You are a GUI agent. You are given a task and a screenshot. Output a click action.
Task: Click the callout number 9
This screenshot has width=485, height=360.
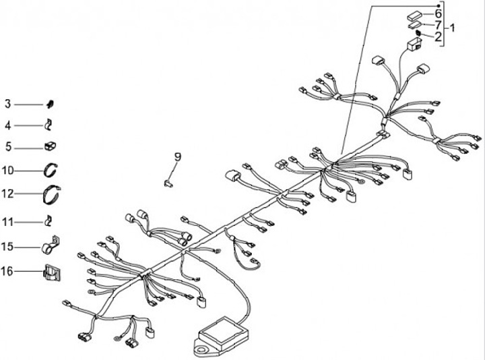point(178,157)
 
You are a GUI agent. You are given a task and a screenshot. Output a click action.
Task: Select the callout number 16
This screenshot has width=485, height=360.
point(7,272)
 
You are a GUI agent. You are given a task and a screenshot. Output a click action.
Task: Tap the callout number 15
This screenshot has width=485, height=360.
point(7,247)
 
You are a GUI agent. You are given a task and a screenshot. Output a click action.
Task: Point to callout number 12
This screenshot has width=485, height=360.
point(7,193)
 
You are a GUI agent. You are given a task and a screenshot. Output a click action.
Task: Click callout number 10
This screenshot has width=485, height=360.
point(7,171)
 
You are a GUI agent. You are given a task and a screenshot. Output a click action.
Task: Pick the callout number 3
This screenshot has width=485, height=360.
point(7,104)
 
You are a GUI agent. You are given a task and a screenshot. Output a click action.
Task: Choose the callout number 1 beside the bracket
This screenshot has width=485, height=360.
point(452,28)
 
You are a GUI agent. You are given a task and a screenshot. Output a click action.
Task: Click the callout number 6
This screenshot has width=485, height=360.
point(438,13)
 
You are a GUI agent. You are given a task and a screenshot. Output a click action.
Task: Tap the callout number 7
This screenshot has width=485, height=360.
point(438,24)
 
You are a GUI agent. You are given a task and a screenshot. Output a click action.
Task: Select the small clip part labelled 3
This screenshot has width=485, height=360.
point(50,104)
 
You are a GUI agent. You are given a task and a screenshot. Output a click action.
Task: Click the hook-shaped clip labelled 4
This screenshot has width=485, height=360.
point(48,125)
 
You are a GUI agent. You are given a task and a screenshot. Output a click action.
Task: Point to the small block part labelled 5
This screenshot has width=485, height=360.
point(50,146)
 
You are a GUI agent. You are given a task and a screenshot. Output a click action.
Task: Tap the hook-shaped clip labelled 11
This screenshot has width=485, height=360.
point(48,221)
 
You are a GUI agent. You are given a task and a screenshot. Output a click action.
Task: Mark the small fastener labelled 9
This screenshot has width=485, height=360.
point(168,183)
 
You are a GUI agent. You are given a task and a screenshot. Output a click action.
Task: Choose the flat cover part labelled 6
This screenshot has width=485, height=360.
point(415,16)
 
